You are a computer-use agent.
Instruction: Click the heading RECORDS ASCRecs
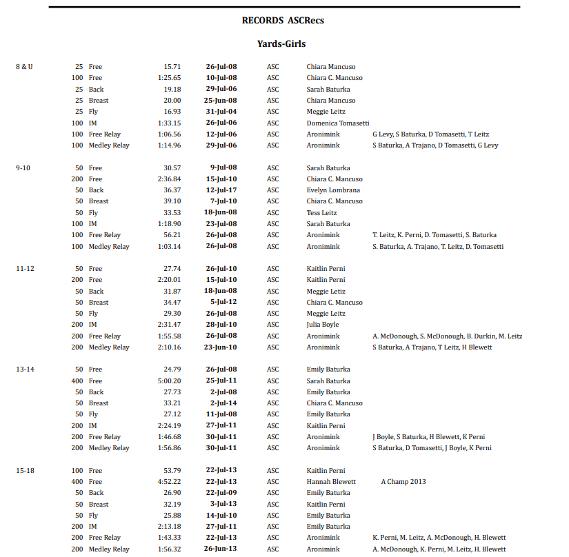tap(283, 21)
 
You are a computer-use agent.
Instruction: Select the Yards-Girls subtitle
tap(281, 43)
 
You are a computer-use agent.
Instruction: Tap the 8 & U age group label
tap(24, 67)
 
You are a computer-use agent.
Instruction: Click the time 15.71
tap(172, 67)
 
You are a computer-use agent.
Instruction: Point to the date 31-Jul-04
tap(221, 112)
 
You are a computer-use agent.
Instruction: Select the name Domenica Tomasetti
tap(338, 123)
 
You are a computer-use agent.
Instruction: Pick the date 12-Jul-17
tap(221, 190)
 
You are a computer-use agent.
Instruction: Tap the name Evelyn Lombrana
tap(333, 190)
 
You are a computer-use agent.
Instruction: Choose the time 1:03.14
tap(170, 246)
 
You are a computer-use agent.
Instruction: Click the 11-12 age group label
tap(25, 269)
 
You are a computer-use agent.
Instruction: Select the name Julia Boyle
tap(323, 325)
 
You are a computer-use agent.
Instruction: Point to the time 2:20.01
tap(170, 280)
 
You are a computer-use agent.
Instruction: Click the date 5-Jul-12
tap(223, 302)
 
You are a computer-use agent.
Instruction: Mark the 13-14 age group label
tap(25, 369)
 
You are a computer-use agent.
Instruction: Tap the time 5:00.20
tap(170, 381)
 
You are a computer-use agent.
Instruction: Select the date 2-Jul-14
tap(223, 403)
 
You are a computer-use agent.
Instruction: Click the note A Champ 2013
tap(403, 482)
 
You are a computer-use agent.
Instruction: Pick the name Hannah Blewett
tap(331, 482)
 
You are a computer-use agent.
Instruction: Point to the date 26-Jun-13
tap(221, 549)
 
